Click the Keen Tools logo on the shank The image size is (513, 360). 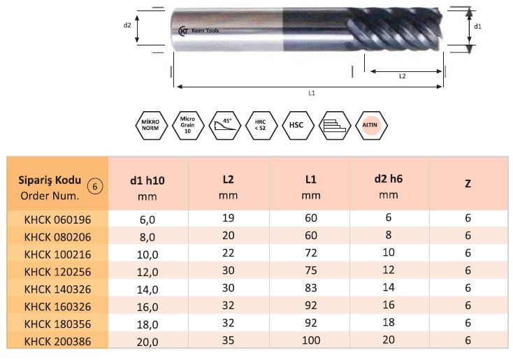tap(199, 31)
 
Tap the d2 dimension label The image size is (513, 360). tap(127, 25)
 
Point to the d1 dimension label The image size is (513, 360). tap(477, 27)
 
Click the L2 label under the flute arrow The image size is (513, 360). tap(403, 76)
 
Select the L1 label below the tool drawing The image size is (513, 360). tap(312, 93)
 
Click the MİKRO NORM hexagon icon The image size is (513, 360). tap(151, 125)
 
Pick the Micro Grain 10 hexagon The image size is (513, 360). tap(188, 125)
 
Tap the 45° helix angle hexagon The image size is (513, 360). tap(225, 125)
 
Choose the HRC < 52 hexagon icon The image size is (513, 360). tap(261, 125)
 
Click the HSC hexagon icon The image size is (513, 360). tap(298, 125)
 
